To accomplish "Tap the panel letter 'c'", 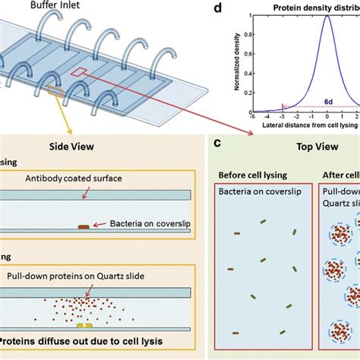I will pyautogui.click(x=218, y=142).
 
